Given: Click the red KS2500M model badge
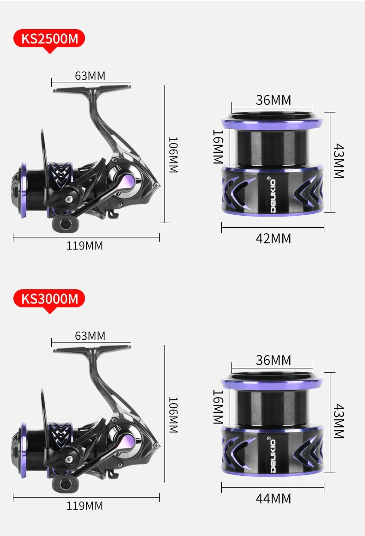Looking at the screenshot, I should pos(50,39).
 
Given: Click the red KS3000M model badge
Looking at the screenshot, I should pos(50,299).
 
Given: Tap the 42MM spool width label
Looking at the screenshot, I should pos(274,238).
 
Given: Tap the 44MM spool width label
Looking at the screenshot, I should pos(274,499).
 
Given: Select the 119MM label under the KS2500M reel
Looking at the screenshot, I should pos(85,246).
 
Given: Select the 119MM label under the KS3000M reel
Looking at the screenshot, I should pos(85,506).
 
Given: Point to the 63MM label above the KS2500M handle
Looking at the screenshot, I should pos(90,75).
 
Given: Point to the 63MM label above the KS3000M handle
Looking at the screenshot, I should pos(90,336).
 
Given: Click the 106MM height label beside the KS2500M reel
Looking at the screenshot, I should pos(172,155).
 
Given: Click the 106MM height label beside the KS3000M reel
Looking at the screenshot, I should pos(172,415).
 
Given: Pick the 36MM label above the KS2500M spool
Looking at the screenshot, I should pos(274,100).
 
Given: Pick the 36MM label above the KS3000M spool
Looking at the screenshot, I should pos(274,360).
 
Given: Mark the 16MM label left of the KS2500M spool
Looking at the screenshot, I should pos(218,147).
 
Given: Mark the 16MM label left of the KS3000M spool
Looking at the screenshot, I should pos(218,407).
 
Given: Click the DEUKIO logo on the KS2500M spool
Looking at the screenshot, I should pos(273,195).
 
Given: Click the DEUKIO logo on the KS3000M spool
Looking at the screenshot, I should pos(273,455).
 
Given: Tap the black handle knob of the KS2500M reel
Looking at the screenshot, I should pos(63,224).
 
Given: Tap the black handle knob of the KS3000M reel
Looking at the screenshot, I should pos(63,485).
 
